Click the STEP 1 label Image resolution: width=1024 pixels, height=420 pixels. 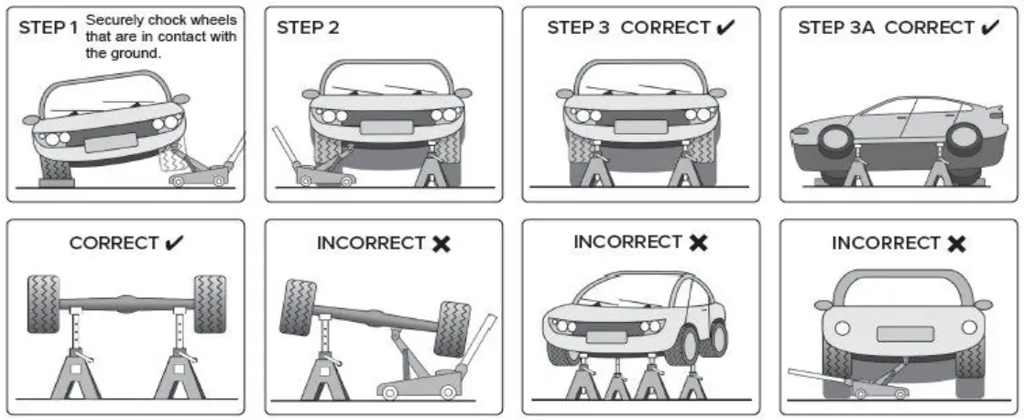49,28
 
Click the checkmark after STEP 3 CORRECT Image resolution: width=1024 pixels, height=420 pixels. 727,28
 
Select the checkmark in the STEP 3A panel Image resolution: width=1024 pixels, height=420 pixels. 989,28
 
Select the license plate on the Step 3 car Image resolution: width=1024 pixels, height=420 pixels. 640,127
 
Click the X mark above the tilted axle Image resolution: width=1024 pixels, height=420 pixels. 441,244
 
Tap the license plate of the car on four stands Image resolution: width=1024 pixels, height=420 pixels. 606,337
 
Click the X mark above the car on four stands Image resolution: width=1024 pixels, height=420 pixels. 699,242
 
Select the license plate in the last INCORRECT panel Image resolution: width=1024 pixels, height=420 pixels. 905,333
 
